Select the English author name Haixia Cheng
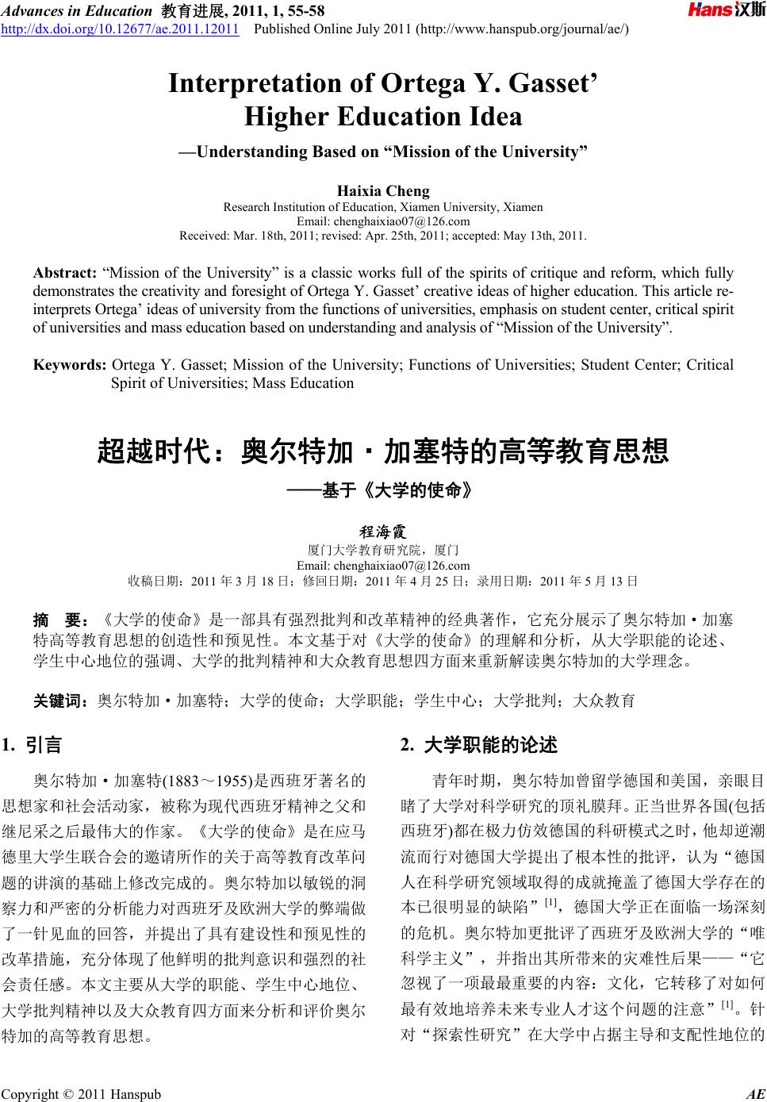(383, 190)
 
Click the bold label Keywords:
(70, 365)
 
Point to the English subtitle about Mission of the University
(383, 152)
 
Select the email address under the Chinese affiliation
(383, 565)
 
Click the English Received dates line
(383, 236)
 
